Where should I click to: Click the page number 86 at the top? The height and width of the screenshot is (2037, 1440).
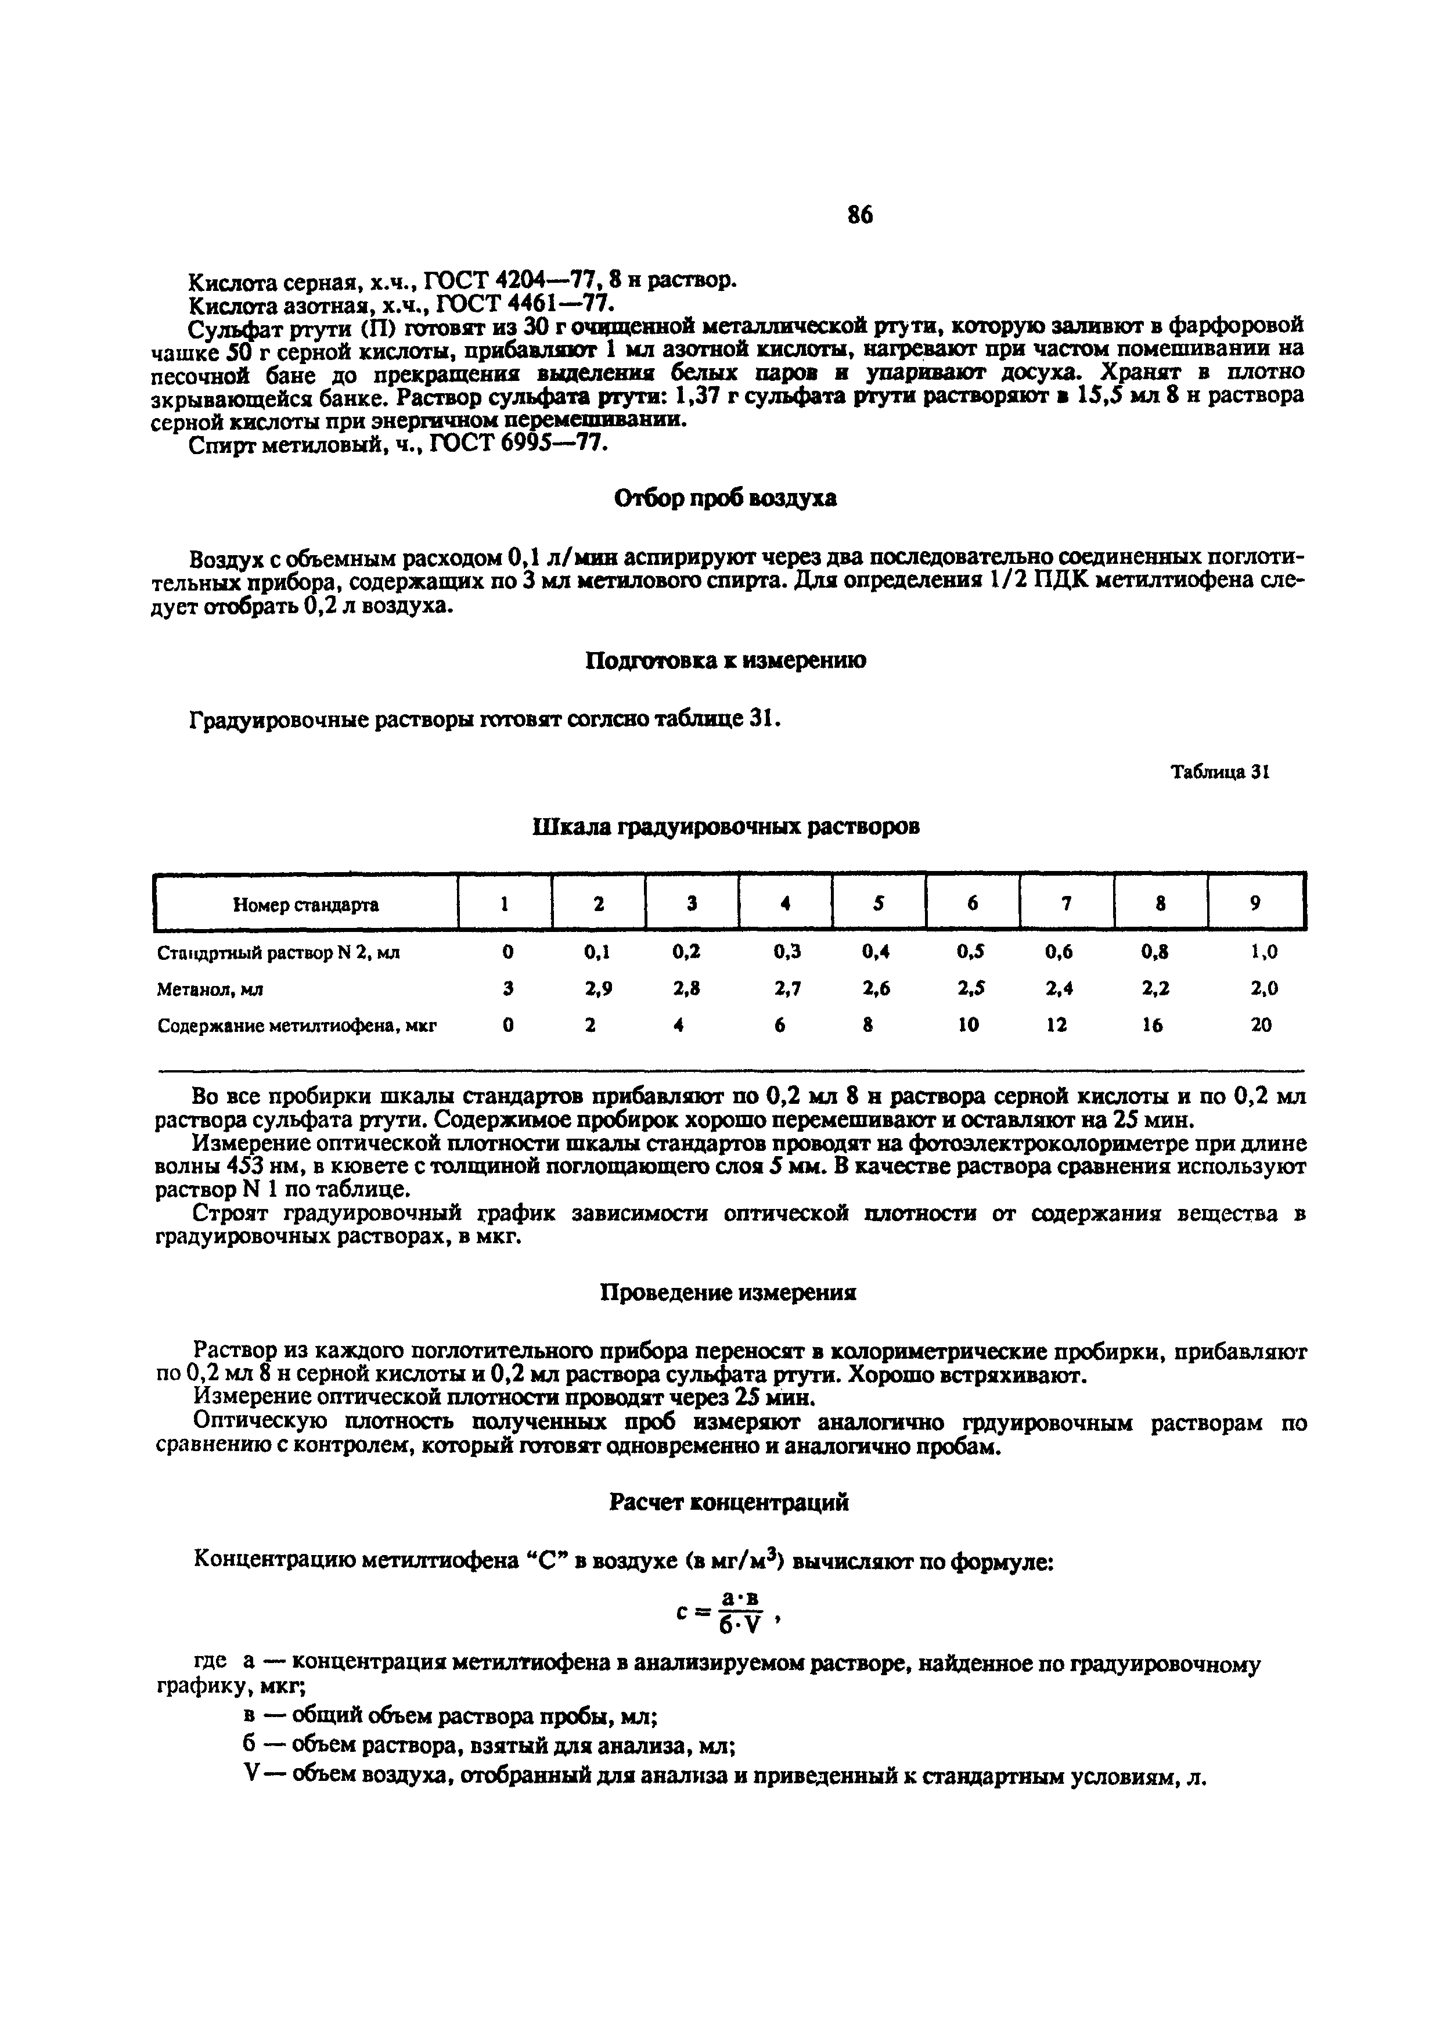860,215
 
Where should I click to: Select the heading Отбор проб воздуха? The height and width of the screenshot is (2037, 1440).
725,499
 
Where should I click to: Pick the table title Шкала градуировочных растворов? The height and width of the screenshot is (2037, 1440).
725,827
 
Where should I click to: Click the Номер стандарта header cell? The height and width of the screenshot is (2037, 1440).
306,905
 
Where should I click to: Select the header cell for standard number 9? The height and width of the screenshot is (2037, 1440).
1255,903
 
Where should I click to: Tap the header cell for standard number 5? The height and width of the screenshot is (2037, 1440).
879,903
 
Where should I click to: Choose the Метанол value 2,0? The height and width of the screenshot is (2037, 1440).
1263,988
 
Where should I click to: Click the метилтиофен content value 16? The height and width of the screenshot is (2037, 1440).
1151,1025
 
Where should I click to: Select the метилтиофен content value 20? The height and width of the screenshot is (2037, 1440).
1261,1025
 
